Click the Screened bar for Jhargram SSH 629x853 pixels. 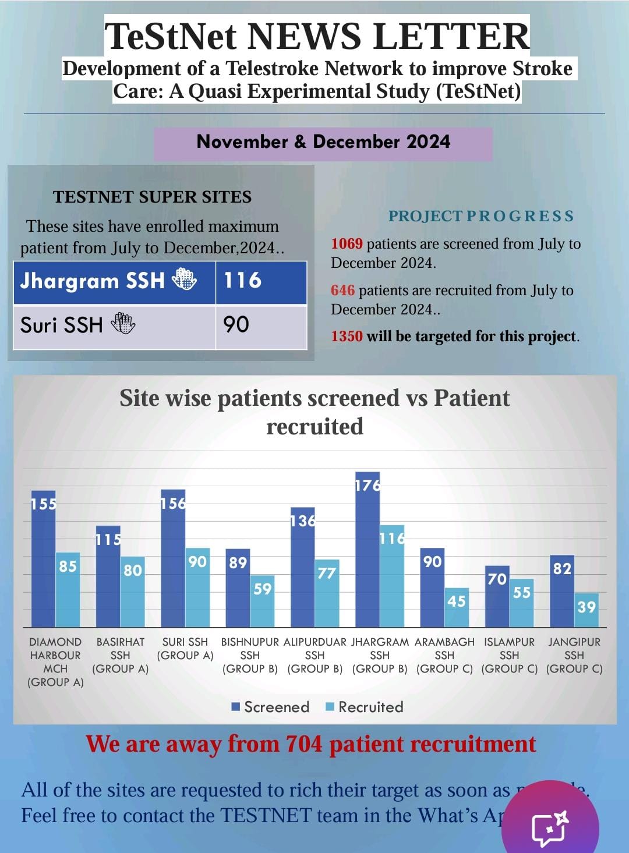pos(367,550)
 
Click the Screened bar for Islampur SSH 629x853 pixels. pos(497,597)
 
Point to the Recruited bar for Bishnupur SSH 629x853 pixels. pos(263,601)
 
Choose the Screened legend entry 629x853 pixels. pos(270,707)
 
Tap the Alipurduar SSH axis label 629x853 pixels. pos(314,655)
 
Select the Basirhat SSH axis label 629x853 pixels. pos(121,655)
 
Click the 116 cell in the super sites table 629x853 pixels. pos(261,282)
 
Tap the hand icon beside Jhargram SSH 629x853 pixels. pos(184,280)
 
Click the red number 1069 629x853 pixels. pos(347,244)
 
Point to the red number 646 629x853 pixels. pos(342,290)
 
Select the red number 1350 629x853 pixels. pos(347,337)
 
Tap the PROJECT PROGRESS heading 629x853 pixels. pos(481,216)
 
